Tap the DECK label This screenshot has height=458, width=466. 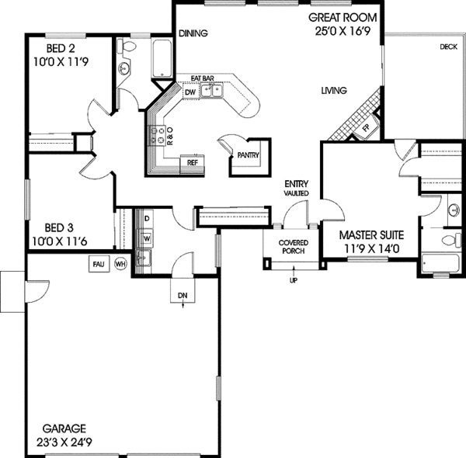447,47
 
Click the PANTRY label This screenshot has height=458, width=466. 248,155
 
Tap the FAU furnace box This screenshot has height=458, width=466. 98,264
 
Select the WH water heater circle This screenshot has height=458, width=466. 120,264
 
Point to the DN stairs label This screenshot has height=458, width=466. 182,296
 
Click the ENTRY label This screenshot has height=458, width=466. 297,184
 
